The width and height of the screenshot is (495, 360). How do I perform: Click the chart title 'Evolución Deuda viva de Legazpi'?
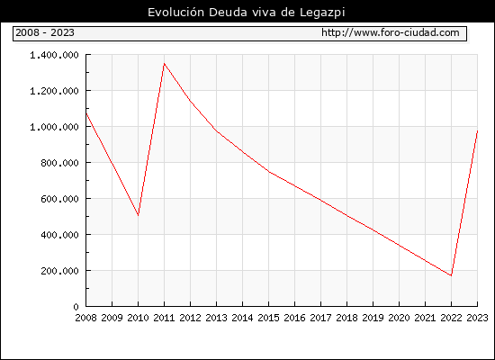point(247,13)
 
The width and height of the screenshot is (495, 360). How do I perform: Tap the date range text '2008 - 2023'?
point(45,32)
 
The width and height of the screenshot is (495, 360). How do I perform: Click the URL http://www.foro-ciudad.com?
point(391,32)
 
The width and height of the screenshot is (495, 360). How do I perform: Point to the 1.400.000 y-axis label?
point(54,55)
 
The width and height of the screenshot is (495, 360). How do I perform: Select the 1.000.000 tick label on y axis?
point(54,127)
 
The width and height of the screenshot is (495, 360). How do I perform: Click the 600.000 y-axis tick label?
point(59,199)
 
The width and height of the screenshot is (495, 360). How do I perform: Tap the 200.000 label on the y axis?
point(59,271)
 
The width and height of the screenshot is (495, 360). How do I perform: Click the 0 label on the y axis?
point(76,307)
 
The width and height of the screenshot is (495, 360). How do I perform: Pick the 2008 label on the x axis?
point(85,318)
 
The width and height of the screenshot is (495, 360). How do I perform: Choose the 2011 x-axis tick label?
point(164,318)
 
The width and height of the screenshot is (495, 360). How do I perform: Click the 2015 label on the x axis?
point(269,318)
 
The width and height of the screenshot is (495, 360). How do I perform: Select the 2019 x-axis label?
point(373,318)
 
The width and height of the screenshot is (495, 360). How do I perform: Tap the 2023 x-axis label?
point(477,318)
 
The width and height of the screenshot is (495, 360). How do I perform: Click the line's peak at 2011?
point(164,64)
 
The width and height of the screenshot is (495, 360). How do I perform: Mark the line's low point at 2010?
point(139,215)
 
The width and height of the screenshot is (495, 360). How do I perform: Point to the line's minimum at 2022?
point(452,275)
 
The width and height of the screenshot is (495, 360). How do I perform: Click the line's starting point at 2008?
point(86,112)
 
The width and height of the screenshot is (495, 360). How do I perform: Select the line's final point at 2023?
point(477,130)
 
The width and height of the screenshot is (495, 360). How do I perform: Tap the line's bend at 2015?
point(269,172)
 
